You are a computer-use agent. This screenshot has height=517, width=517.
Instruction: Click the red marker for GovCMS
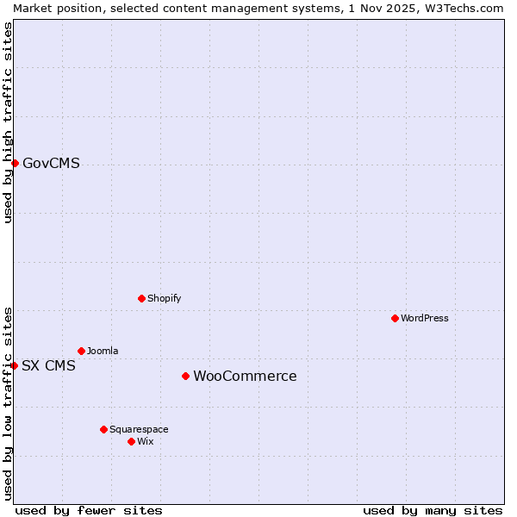15,163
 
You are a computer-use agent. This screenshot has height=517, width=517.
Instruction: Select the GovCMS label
51,164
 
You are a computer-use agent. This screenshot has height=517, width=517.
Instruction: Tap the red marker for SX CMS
15,365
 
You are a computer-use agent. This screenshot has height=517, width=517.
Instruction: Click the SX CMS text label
48,366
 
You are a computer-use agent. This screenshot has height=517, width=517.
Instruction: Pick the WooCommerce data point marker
185,376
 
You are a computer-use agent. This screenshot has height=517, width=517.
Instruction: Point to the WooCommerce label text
245,377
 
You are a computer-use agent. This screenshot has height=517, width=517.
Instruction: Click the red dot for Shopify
141,298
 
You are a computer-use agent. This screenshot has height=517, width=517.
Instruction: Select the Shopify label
164,299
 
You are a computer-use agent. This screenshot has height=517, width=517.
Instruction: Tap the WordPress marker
395,318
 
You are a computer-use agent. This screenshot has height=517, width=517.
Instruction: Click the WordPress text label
424,319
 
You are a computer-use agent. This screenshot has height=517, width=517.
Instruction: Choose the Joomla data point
81,351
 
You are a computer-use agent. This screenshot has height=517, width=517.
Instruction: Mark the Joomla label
103,352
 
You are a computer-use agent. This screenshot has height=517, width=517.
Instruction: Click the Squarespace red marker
103,429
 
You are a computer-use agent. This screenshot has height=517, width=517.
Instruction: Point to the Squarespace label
139,430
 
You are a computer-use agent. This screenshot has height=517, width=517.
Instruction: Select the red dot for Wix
131,441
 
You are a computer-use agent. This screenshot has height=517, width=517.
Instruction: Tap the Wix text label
146,442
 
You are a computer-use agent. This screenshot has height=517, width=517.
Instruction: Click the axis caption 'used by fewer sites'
89,510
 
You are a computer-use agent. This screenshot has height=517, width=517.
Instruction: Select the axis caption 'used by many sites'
433,510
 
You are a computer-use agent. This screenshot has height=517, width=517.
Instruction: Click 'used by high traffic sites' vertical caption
8,122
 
